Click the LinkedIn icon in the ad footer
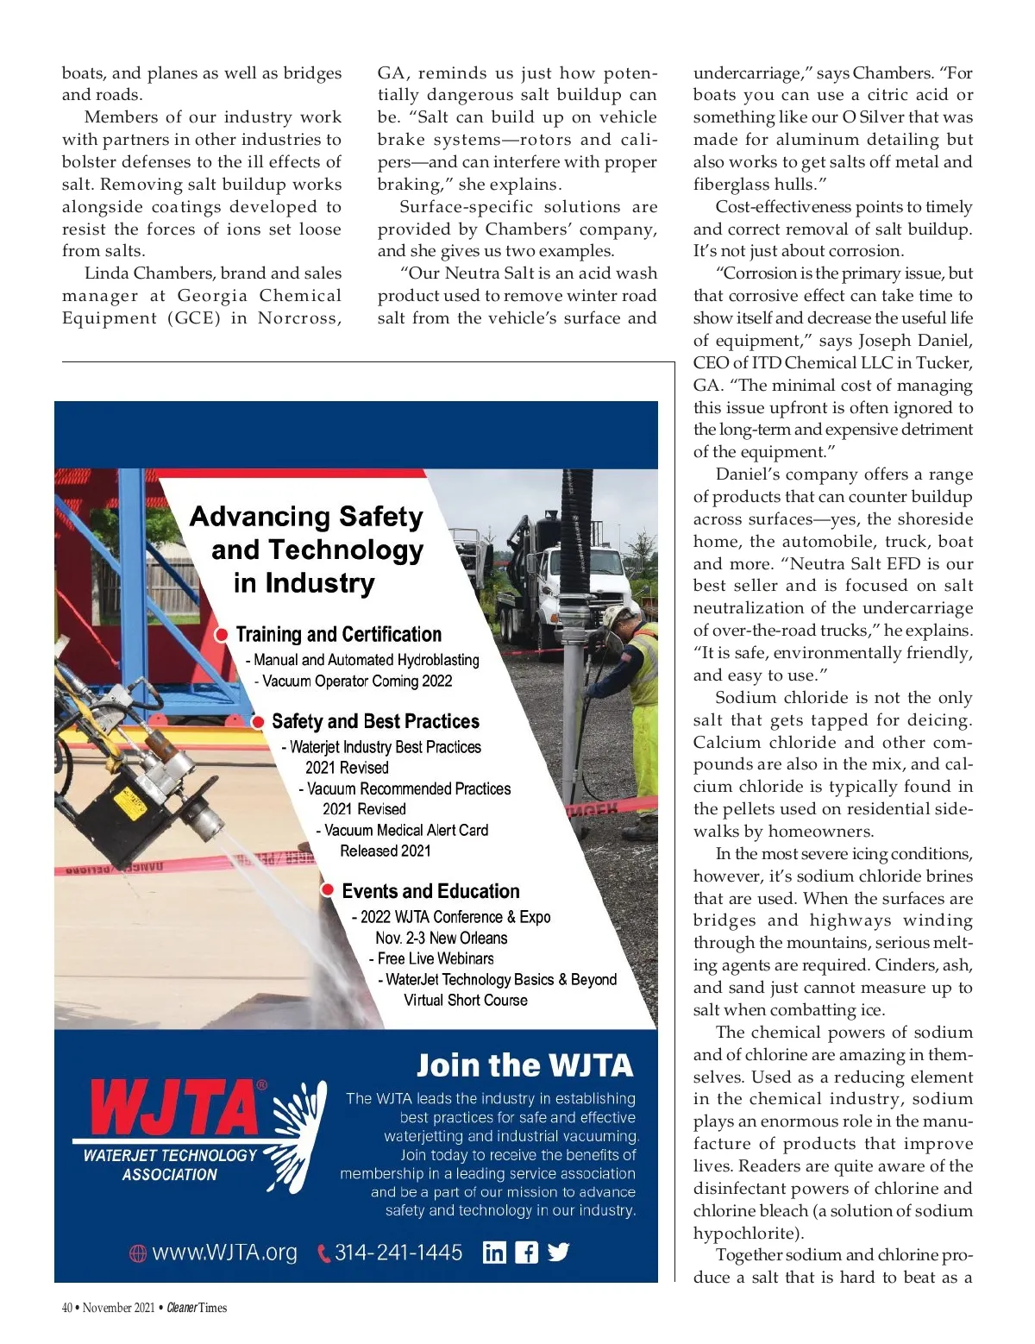[494, 1252]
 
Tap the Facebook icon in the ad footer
[526, 1252]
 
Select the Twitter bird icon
[558, 1252]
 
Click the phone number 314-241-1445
[398, 1253]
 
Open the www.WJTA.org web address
[224, 1253]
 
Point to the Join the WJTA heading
[524, 1065]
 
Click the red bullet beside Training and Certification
[222, 635]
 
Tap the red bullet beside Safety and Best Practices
[258, 721]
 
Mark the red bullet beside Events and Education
[328, 890]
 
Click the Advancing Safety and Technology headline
[308, 550]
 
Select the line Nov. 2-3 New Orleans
[441, 938]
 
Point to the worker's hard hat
[617, 614]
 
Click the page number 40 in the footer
[67, 1308]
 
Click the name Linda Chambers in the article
[147, 273]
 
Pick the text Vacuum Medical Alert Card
[406, 830]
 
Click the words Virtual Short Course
[466, 1000]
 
